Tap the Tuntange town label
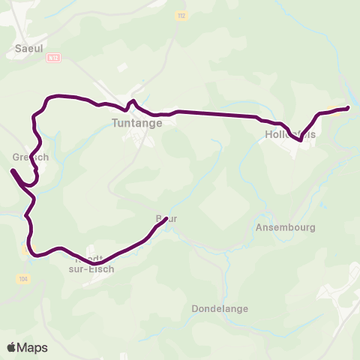pyautogui.click(x=136, y=124)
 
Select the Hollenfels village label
pyautogui.click(x=290, y=136)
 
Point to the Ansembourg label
pyautogui.click(x=286, y=226)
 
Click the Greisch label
pyautogui.click(x=31, y=157)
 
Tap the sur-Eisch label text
pyautogui.click(x=91, y=269)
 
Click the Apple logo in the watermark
pyautogui.click(x=12, y=347)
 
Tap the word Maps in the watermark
pyautogui.click(x=32, y=347)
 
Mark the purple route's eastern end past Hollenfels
pyautogui.click(x=348, y=109)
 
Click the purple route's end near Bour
pyautogui.click(x=166, y=219)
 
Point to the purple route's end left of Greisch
pyautogui.click(x=12, y=171)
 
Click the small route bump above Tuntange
pyautogui.click(x=132, y=102)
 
